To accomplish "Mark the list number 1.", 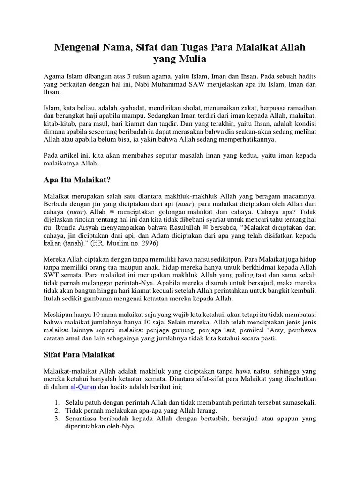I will click(x=56, y=403).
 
